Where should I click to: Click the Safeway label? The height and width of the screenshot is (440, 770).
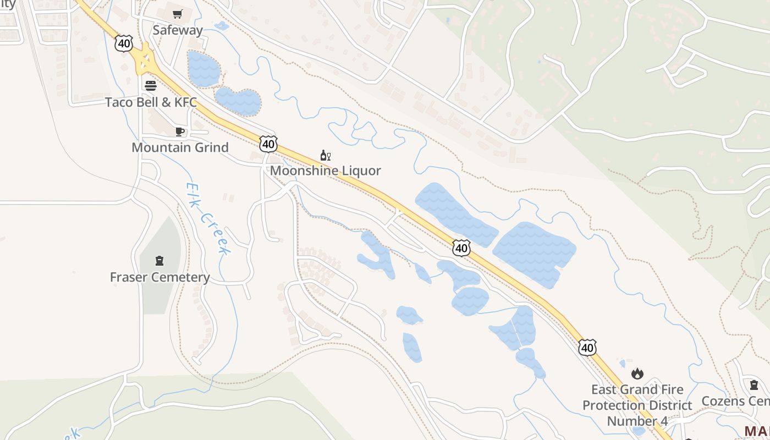178,30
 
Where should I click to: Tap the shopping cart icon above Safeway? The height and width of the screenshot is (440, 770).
177,14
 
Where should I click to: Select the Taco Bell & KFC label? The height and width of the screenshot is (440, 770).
151,102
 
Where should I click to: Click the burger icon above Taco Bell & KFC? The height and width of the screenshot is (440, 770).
150,85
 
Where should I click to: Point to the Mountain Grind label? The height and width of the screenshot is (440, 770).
180,147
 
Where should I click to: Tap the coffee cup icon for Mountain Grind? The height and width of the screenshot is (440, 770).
179,131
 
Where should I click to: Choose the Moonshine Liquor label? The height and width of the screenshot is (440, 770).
325,170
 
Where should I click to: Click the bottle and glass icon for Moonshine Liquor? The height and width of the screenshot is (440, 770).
325,156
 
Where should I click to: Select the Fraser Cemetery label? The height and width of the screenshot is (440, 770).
159,277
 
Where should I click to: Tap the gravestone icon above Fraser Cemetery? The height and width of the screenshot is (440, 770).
159,261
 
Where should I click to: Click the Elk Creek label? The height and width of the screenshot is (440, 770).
207,218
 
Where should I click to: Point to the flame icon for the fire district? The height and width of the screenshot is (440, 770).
637,374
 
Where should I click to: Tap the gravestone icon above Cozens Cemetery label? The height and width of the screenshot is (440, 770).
754,385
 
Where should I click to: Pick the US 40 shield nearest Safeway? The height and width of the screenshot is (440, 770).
124,43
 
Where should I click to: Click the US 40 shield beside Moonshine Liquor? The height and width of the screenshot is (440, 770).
268,144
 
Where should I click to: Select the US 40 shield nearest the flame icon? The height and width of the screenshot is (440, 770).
587,348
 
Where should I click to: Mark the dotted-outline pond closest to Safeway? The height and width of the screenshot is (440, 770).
204,69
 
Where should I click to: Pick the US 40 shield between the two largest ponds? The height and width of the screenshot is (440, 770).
461,248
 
